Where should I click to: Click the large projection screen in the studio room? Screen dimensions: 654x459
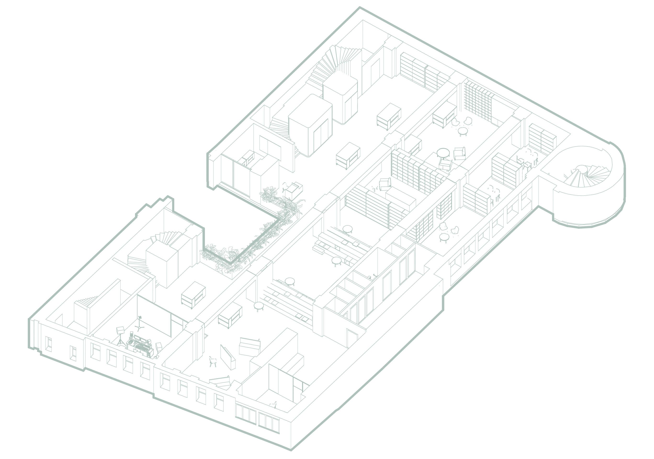coord(154,316)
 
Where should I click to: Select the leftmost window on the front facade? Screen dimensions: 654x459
coord(48,344)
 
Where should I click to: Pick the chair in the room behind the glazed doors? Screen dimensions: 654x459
coord(273,404)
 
